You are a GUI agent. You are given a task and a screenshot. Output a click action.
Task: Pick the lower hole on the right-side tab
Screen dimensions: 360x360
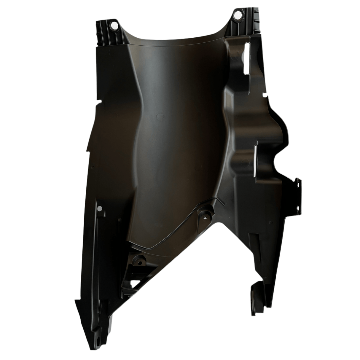(297, 187)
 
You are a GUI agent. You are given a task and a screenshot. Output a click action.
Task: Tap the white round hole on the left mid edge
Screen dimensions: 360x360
(100, 209)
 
